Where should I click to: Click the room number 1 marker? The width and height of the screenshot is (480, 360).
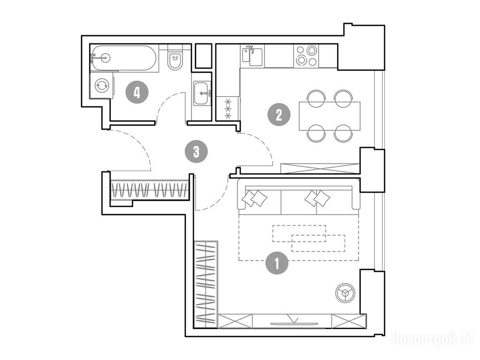coord(277,263)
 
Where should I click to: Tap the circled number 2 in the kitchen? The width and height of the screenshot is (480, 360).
coord(279,115)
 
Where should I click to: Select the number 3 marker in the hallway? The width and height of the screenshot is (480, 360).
coord(196,151)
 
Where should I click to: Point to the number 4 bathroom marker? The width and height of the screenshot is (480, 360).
coord(137,92)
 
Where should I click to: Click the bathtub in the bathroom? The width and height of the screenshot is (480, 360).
coord(124,58)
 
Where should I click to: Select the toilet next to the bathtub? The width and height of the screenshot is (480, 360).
coord(175,58)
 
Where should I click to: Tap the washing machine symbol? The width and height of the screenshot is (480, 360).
coord(101,85)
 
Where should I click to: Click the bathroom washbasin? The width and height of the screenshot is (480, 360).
coord(202,93)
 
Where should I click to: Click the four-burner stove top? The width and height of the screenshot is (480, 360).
coord(306,56)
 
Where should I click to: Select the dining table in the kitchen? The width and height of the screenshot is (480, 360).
coord(330,116)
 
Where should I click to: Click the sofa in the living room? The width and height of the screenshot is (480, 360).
coord(299,197)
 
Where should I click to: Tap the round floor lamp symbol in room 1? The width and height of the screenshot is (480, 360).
coord(345,293)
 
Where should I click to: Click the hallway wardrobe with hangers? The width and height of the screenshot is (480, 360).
coord(149,190)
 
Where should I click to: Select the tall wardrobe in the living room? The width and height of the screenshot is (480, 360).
coord(206,284)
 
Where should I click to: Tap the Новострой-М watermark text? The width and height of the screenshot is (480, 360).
coord(433,339)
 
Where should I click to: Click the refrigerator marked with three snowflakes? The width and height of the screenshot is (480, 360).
coord(228,108)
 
